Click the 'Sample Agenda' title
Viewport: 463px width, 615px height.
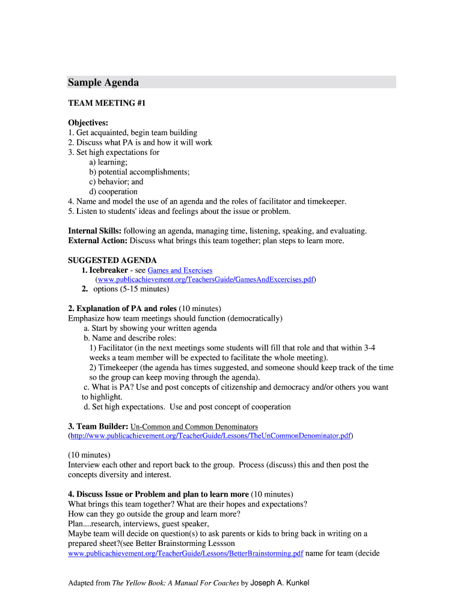point(103,82)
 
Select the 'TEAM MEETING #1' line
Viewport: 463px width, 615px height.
point(107,103)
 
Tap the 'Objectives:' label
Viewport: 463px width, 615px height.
point(88,123)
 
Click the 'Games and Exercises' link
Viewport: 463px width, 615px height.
point(180,270)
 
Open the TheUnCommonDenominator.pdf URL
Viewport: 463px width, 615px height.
point(210,435)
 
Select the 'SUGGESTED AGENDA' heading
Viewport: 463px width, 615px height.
point(112,260)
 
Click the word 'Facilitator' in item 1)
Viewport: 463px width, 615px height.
point(114,348)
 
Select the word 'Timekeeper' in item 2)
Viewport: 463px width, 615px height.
point(117,368)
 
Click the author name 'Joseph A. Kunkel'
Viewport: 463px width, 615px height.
point(280,583)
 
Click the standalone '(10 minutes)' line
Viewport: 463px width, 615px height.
point(89,455)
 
